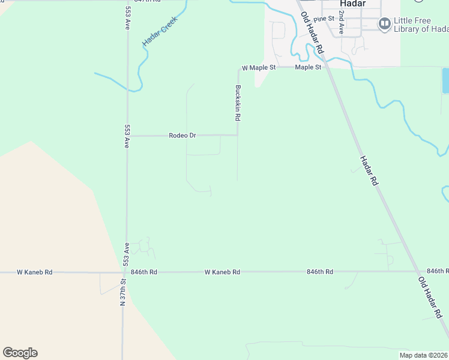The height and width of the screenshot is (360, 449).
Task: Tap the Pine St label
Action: (323, 19)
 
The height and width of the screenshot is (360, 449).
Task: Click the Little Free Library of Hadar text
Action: (421, 24)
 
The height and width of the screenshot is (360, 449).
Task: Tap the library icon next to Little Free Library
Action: (384, 23)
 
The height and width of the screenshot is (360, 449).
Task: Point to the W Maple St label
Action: (258, 68)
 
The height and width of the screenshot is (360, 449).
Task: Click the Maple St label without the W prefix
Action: (308, 68)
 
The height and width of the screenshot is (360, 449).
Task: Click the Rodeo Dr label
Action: (182, 136)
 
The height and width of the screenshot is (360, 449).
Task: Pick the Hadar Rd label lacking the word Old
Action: (369, 170)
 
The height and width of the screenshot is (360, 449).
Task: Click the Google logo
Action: (20, 353)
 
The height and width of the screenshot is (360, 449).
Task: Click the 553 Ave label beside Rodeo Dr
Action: (127, 137)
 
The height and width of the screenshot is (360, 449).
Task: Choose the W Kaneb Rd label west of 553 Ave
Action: (34, 272)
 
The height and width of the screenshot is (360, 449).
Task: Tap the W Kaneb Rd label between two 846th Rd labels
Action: (222, 272)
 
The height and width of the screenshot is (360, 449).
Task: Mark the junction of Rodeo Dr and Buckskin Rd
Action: (238, 135)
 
